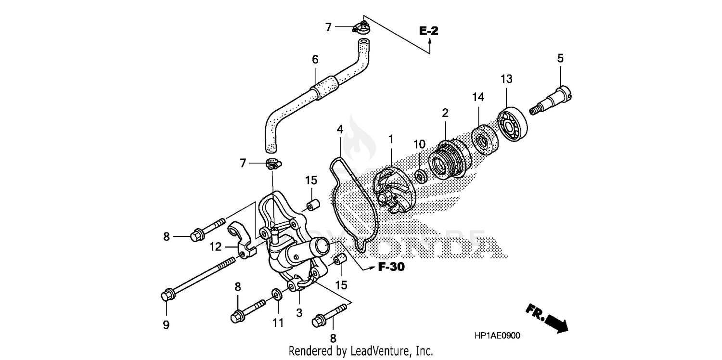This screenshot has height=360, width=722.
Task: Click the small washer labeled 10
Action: click(x=420, y=176)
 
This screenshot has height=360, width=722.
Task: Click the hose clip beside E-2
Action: click(x=361, y=28)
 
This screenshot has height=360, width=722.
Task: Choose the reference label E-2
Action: click(x=428, y=31)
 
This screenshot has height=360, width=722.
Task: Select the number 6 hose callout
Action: click(x=315, y=60)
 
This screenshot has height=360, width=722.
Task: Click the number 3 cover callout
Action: click(x=299, y=313)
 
